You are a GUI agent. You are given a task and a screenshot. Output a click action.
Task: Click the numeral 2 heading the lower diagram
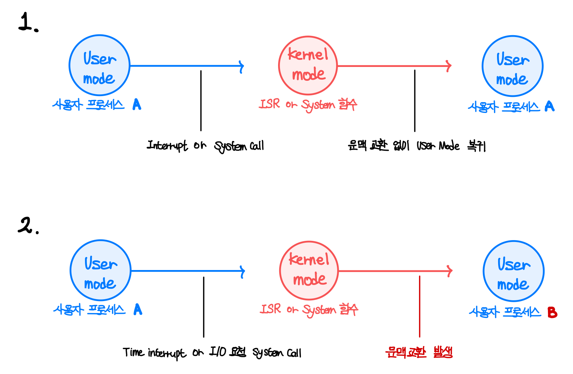(26, 225)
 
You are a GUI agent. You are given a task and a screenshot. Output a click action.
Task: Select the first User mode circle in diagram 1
(99, 65)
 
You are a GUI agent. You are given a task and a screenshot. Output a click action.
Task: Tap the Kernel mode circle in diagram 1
(308, 65)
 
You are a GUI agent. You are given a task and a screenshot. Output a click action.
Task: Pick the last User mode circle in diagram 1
(512, 66)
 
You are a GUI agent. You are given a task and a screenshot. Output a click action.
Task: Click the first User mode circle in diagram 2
(100, 270)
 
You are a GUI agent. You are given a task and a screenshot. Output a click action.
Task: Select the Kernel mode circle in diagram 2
(309, 270)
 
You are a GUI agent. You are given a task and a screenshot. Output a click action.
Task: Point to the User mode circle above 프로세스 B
(513, 271)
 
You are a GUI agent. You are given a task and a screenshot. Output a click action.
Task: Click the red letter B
(552, 312)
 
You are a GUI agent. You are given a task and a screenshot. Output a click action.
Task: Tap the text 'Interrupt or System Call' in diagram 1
(205, 145)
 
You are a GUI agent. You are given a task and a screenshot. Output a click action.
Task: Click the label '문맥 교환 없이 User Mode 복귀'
(416, 145)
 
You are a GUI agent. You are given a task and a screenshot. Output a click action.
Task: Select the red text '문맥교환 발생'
(419, 352)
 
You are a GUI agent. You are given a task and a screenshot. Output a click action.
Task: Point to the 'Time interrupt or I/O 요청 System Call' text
(212, 353)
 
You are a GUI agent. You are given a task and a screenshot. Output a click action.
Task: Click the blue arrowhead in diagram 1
(241, 66)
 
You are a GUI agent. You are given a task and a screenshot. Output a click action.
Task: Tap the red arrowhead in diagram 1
(449, 66)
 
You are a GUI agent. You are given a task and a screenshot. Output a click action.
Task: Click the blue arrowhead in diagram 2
(243, 271)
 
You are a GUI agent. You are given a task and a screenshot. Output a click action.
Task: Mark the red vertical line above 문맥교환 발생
(420, 307)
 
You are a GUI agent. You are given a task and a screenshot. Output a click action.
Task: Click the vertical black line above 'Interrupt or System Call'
(201, 101)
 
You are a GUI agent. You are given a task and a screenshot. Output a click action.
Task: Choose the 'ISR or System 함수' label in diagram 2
(309, 310)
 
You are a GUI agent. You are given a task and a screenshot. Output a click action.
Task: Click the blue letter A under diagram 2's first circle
(138, 309)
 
